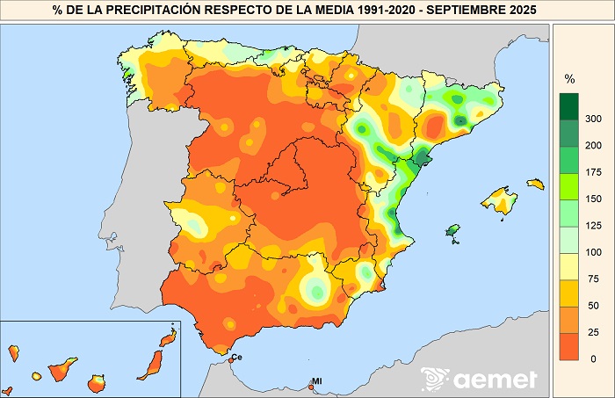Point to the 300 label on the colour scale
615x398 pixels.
pos(593,118)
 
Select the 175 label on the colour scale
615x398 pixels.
pos(593,171)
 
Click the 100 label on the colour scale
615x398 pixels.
pos(593,252)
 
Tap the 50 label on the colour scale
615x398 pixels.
pos(593,305)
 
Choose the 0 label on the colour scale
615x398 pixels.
pos(593,358)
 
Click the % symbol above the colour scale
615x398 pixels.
pos(568,79)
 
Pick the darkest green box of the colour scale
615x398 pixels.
pos(569,105)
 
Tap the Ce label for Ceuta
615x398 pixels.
pos(237,357)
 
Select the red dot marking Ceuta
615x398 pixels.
pos(230,359)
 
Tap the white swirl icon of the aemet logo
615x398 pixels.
pos(435,379)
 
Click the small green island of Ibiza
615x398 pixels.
pos(453,230)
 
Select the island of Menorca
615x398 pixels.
pos(534,183)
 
